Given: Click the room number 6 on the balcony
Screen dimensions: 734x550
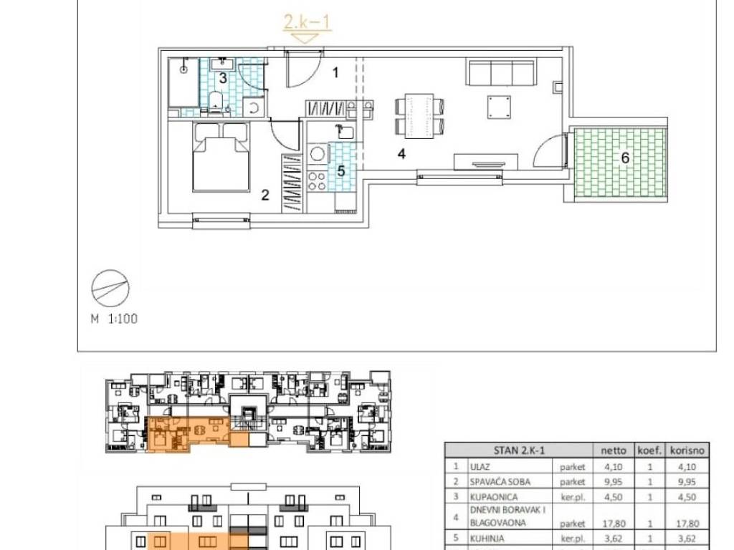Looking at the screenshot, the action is [x=625, y=158].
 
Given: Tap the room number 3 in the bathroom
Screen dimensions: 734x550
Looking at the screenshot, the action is [x=224, y=77].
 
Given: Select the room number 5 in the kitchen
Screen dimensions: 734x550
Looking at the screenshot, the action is [x=340, y=171].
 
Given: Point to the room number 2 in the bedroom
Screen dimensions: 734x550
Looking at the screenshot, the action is [x=265, y=195].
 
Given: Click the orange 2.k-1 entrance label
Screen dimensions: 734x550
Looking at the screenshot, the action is [x=307, y=21].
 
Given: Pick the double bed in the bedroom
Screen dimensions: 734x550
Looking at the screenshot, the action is [x=221, y=157].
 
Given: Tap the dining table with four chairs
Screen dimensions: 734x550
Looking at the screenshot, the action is [x=419, y=117].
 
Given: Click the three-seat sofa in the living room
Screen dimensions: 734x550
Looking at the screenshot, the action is [x=500, y=72].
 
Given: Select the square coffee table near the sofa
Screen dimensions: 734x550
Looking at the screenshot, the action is [x=499, y=107].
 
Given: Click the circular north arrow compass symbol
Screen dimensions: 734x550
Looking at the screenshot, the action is [x=110, y=289].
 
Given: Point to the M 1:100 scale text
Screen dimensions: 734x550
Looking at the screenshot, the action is [x=114, y=319].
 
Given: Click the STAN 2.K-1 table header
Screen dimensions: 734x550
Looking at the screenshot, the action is [x=519, y=450].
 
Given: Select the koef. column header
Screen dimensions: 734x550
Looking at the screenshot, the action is [x=649, y=450].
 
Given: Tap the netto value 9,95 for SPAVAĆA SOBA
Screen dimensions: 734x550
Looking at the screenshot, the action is [x=614, y=482].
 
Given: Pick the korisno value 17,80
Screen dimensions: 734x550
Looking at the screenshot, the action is [x=687, y=524].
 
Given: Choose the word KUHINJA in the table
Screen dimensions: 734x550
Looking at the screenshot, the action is [x=487, y=539].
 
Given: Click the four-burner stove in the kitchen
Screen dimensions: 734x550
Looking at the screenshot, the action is [x=316, y=181].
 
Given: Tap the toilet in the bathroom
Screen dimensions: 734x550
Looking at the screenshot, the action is [x=215, y=102].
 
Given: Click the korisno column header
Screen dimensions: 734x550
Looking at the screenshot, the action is [x=687, y=450].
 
